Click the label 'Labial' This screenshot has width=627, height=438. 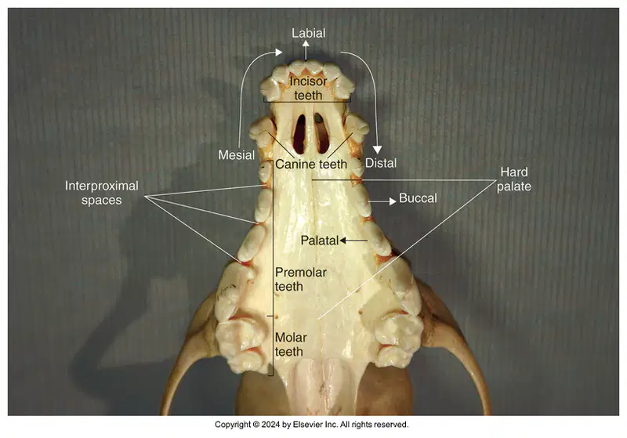pyautogui.click(x=308, y=33)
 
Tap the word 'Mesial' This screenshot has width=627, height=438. pyautogui.click(x=237, y=155)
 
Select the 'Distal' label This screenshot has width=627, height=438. pyautogui.click(x=381, y=163)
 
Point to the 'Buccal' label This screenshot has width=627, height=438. pyautogui.click(x=418, y=198)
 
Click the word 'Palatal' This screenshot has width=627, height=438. pyautogui.click(x=320, y=241)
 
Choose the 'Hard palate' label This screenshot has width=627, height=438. pyautogui.click(x=514, y=179)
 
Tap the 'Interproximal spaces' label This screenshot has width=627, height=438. pyautogui.click(x=102, y=193)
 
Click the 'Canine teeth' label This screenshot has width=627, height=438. pyautogui.click(x=311, y=165)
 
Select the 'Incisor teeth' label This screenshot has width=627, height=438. pyautogui.click(x=308, y=89)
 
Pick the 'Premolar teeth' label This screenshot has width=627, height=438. pyautogui.click(x=301, y=280)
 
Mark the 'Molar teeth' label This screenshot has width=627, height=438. pyautogui.click(x=291, y=345)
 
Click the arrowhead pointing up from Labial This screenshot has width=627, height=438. pyautogui.click(x=306, y=44)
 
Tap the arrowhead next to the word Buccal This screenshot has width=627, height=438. pyautogui.click(x=393, y=201)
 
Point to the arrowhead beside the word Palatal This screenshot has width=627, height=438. pyautogui.click(x=342, y=241)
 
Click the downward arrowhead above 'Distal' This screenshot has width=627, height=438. pyautogui.click(x=377, y=150)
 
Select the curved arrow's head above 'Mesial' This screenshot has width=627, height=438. pyautogui.click(x=279, y=52)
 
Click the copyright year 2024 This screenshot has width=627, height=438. pyautogui.click(x=270, y=425)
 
